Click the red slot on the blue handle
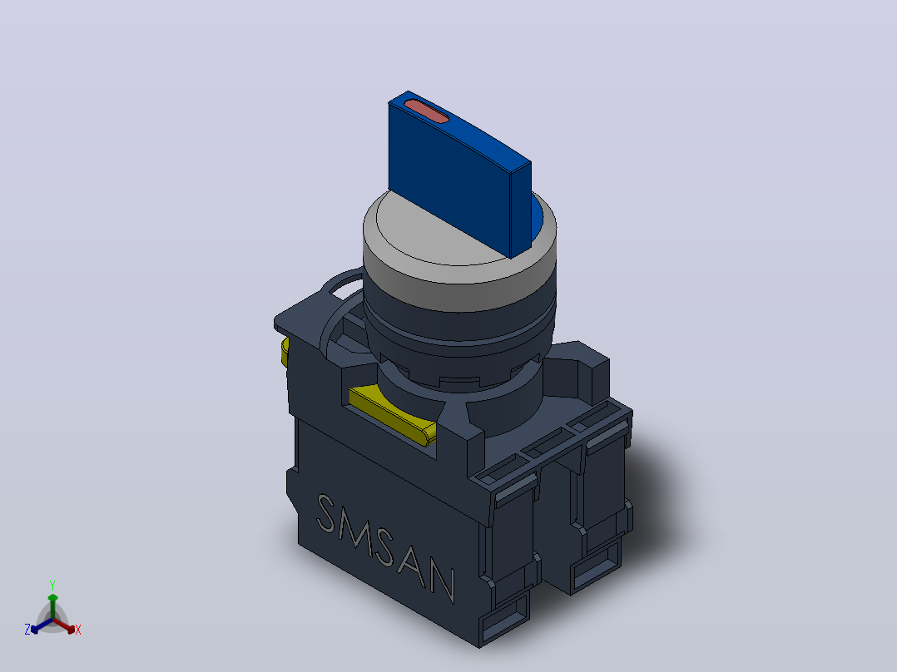[426, 111]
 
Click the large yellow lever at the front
[393, 413]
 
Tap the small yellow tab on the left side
[285, 352]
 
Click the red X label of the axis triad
[78, 630]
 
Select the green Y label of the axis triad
[52, 585]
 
